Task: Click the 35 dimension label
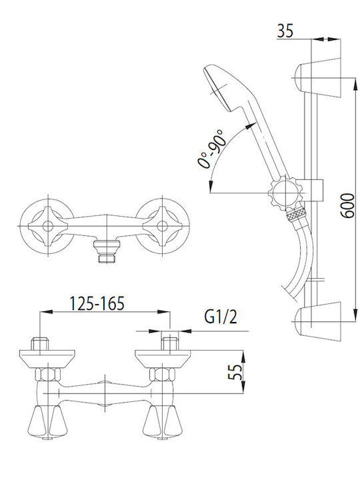(285, 31)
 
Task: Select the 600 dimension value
(347, 205)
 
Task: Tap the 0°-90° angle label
(211, 148)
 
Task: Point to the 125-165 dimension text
(97, 303)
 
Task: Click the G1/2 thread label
(221, 317)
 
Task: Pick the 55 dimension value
(235, 372)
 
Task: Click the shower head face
(217, 89)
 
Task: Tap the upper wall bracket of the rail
(317, 77)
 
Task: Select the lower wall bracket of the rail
(317, 321)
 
